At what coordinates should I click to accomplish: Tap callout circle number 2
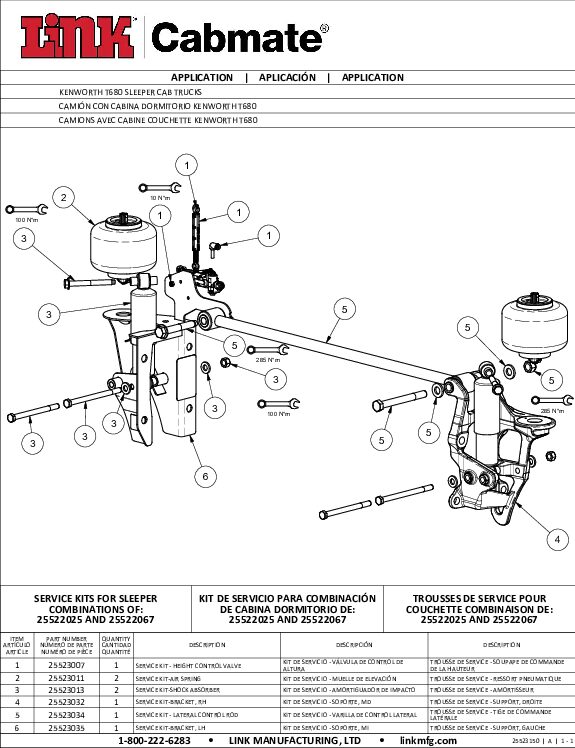64,198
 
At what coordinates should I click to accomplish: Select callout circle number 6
205,476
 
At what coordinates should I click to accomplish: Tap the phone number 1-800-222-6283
154,741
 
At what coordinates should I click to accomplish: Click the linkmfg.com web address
428,741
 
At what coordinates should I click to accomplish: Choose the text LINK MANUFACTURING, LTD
294,741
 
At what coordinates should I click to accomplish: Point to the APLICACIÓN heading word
287,77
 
